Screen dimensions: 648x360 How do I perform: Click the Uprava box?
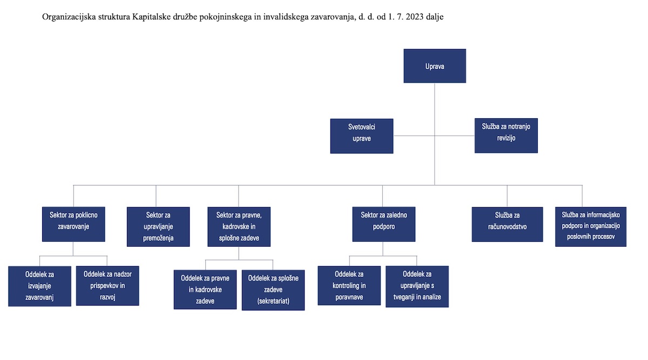click(435, 66)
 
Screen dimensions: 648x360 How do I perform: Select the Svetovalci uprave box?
click(362, 136)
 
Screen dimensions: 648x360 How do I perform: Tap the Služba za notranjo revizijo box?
click(506, 135)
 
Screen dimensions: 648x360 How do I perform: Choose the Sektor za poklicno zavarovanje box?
click(73, 224)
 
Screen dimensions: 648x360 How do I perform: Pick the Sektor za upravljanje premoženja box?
click(158, 227)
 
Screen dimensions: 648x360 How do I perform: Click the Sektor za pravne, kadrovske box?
click(239, 227)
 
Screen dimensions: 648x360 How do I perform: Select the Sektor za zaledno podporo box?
click(383, 224)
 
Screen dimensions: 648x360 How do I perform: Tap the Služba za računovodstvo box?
click(507, 224)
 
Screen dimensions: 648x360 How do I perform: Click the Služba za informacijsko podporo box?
click(591, 227)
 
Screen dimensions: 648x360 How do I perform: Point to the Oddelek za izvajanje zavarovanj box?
click(39, 286)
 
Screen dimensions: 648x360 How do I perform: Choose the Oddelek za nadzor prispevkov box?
click(107, 286)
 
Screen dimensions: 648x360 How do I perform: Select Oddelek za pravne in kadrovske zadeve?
click(205, 289)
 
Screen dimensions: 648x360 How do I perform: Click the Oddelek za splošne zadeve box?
click(273, 290)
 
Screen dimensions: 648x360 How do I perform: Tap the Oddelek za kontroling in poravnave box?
click(349, 286)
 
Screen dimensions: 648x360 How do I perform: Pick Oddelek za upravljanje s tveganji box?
click(417, 286)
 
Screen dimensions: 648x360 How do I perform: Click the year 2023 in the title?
click(415, 17)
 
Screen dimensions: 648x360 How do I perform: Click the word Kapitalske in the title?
click(151, 17)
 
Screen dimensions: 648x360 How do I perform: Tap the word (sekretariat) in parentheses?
click(273, 301)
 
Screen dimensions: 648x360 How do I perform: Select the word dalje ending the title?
click(435, 17)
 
